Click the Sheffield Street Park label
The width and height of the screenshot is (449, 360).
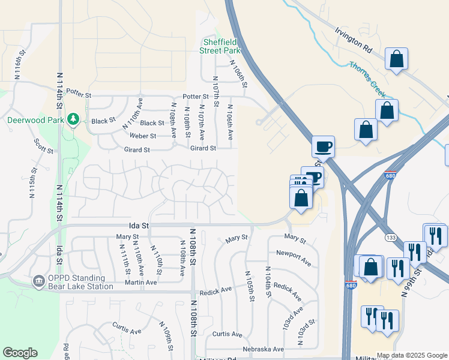(219, 46)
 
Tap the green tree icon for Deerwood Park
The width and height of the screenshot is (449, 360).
(73, 119)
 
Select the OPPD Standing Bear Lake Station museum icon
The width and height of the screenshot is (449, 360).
(39, 281)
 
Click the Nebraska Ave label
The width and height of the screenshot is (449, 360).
(263, 349)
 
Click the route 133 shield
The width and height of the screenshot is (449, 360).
(390, 237)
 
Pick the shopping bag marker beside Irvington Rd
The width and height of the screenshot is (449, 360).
(397, 59)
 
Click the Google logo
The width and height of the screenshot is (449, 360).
(20, 353)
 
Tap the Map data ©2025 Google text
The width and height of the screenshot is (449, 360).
(411, 355)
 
